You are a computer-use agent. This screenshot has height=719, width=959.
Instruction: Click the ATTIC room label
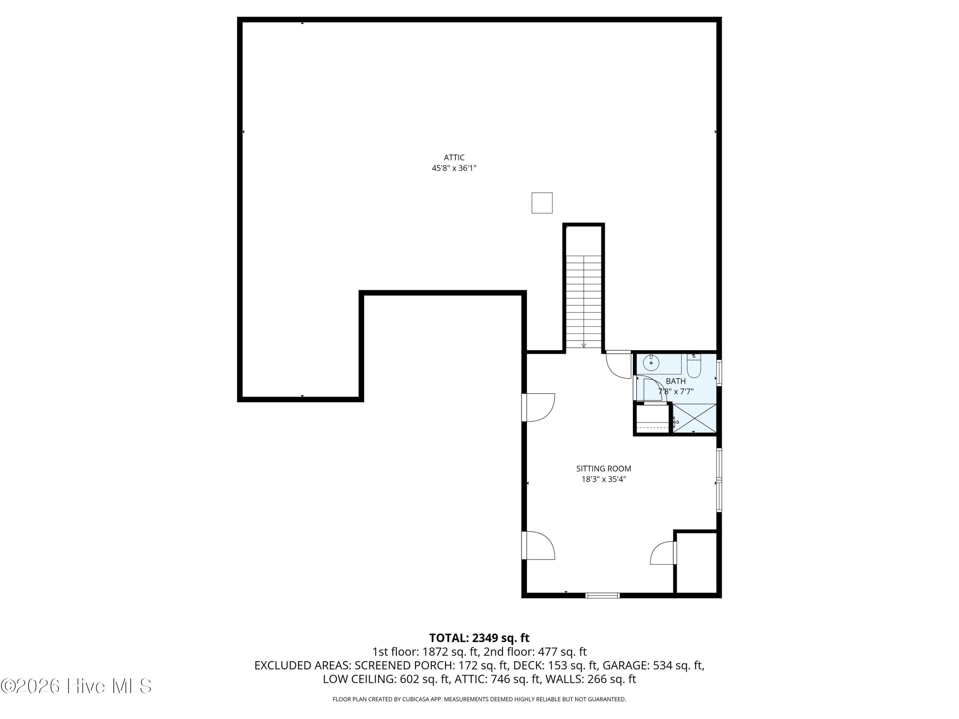[454, 158]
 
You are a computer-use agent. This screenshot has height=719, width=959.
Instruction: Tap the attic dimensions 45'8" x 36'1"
[454, 168]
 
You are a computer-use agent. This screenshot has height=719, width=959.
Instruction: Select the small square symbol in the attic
[542, 203]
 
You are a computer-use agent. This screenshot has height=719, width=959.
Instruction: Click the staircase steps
[583, 302]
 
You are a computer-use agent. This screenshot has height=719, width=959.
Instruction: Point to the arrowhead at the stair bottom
[583, 345]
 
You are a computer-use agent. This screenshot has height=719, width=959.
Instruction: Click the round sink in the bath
[651, 362]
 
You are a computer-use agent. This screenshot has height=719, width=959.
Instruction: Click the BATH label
[675, 381]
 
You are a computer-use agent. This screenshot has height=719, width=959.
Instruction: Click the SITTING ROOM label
[604, 468]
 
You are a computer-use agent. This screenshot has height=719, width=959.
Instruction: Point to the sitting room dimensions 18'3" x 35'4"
[604, 479]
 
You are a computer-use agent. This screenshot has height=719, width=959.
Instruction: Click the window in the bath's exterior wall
[719, 373]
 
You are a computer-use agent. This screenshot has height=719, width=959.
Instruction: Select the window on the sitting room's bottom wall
[602, 595]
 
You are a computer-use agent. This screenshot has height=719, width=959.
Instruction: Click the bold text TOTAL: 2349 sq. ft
[479, 638]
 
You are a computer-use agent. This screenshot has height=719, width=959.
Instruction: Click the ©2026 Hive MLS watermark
[76, 686]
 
